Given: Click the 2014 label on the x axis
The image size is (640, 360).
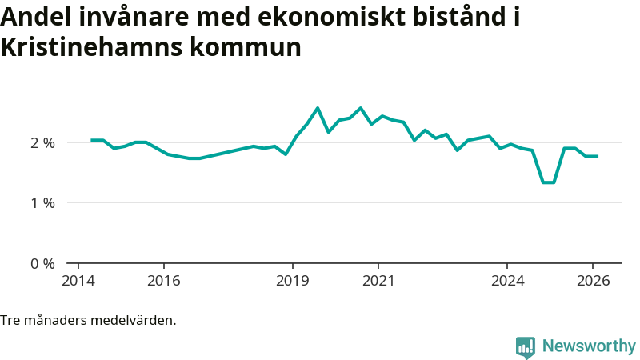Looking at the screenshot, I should [x=78, y=280].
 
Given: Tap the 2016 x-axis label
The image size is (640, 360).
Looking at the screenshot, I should [x=163, y=280].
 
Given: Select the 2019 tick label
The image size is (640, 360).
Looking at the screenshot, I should [x=292, y=280].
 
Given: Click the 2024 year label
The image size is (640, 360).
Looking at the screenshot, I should [x=507, y=280].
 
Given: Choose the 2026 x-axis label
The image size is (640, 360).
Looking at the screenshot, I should [x=593, y=280].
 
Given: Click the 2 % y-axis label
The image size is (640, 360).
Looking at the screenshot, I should [x=42, y=143].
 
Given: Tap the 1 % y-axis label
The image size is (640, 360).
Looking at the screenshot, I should [x=42, y=203].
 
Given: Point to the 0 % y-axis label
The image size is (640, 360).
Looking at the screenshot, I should [x=42, y=263].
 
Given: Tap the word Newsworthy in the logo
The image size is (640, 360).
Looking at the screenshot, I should [x=589, y=346].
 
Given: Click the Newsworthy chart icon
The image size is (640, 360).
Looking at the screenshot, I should [x=526, y=346].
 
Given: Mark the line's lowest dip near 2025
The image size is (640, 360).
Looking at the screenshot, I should [x=548, y=182].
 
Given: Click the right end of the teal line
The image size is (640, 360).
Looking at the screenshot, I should [x=598, y=156].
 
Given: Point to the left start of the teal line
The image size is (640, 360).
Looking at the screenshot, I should [x=91, y=140].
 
